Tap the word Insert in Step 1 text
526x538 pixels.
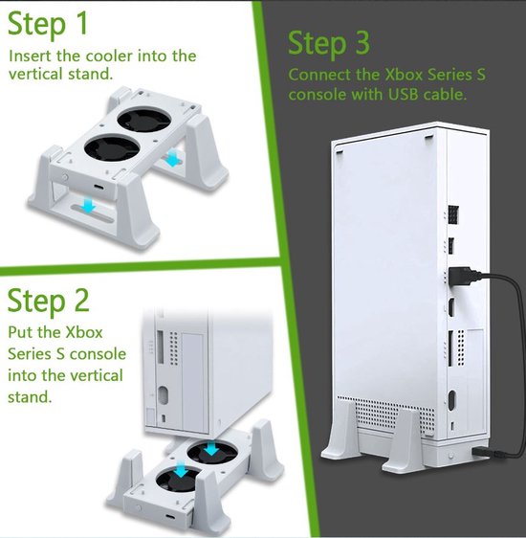pyautogui.click(x=31, y=56)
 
